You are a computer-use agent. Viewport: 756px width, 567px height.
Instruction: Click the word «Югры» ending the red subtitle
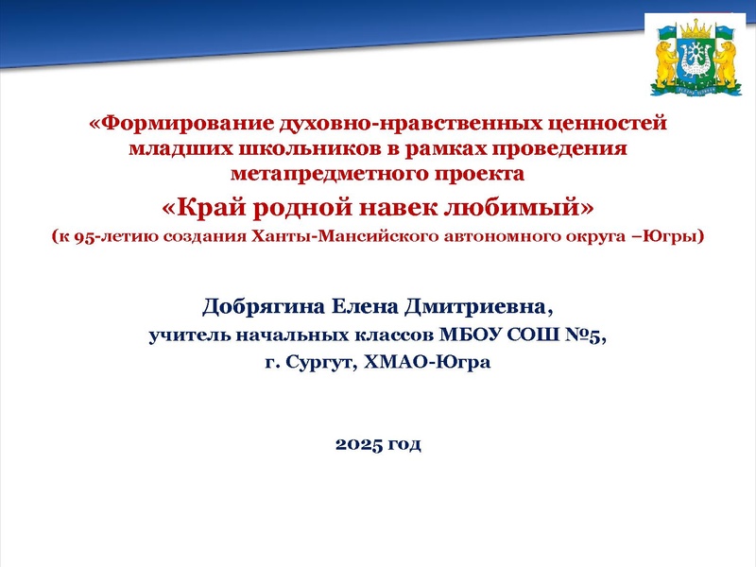pos(669,236)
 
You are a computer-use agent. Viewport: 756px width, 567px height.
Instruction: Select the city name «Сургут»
pos(316,362)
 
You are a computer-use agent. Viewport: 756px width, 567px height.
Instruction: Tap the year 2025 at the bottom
pos(357,443)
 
